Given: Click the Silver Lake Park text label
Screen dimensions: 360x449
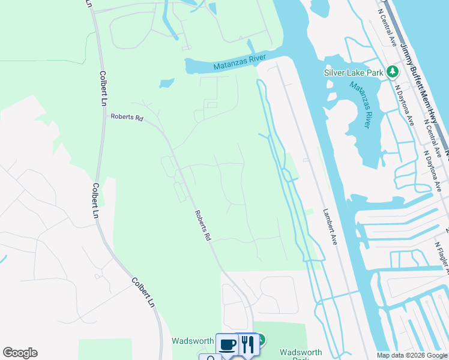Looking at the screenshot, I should coord(354,73).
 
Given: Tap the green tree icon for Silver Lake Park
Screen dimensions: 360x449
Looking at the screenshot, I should coord(393,72).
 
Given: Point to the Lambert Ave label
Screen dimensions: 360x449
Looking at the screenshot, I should coord(330,226).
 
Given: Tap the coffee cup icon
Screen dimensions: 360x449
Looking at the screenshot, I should coord(227,344).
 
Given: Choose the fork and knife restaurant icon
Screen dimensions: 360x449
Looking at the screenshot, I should coord(247,344).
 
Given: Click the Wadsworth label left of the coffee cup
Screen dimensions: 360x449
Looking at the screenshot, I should coord(193,341).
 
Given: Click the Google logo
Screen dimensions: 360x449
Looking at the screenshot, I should coord(20,353).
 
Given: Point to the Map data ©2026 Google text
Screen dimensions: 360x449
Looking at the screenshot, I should coord(412,355).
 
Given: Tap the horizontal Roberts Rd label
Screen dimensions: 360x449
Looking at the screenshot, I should coord(126,118).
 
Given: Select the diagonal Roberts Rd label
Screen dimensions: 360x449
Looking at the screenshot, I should coord(203,225).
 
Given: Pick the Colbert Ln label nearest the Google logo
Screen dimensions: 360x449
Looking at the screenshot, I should coord(142,293).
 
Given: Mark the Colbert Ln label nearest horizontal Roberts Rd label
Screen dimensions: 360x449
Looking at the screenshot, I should coord(104,89).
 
